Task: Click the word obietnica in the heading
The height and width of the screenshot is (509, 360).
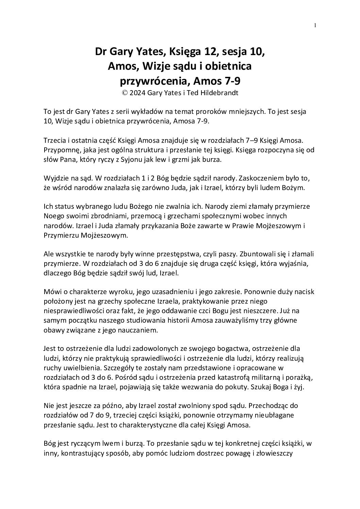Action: tap(230, 66)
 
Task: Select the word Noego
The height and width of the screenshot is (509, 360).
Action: tap(54, 216)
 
